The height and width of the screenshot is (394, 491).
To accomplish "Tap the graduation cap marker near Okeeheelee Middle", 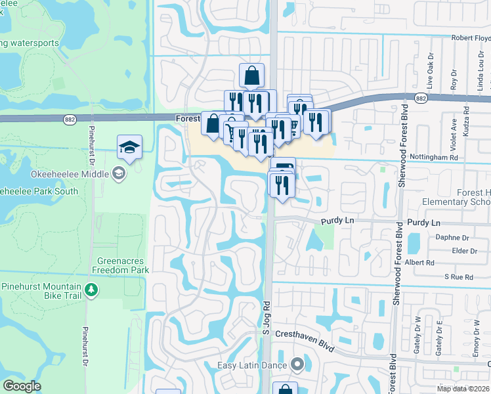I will pyautogui.click(x=130, y=148).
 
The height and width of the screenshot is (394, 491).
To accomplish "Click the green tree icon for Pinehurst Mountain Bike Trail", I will pyautogui.click(x=91, y=289).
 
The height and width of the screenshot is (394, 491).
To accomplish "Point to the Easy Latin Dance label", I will pyautogui.click(x=255, y=365).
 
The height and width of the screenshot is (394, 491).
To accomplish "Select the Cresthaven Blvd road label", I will pyautogui.click(x=304, y=340).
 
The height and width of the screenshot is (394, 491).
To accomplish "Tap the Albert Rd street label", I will pyautogui.click(x=421, y=262).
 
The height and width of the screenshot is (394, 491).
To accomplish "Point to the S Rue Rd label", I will pyautogui.click(x=458, y=277).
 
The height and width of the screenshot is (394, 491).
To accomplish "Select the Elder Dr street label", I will pyautogui.click(x=464, y=250).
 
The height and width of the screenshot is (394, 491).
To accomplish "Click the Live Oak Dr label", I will pyautogui.click(x=431, y=68).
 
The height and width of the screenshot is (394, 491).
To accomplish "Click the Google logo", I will pyautogui.click(x=22, y=386).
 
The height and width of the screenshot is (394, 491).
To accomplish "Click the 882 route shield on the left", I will pyautogui.click(x=70, y=119).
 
